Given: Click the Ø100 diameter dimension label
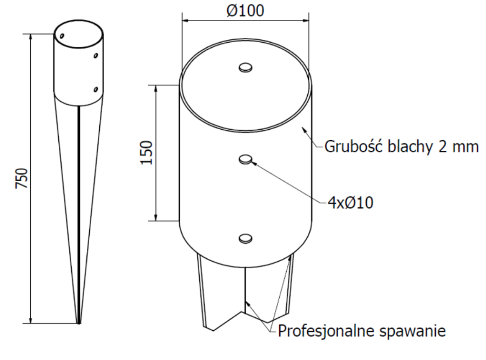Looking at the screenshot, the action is click(x=246, y=10).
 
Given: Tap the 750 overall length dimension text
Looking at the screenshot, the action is click(x=22, y=178).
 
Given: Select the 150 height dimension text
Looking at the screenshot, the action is click(x=146, y=152).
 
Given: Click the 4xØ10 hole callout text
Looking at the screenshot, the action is click(x=350, y=203).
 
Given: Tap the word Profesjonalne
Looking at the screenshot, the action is click(x=326, y=331).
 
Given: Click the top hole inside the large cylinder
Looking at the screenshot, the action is click(x=246, y=68).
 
